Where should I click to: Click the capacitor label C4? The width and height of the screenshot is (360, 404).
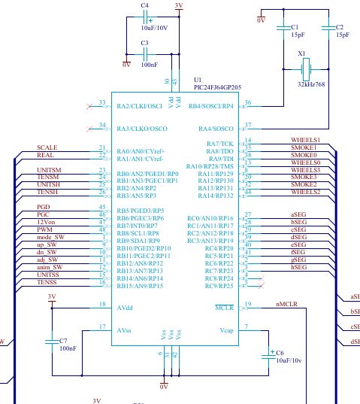point(144,5)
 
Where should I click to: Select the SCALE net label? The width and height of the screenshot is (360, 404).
point(47,147)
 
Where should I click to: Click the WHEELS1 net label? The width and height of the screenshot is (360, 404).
point(305,140)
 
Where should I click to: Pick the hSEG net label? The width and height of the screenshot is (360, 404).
point(298,267)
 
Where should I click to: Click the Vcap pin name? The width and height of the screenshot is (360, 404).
point(227,329)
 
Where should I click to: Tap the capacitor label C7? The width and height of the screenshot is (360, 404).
point(63,340)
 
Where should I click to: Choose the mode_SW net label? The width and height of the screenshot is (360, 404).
point(49,238)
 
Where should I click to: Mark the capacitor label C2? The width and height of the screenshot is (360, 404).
point(339,27)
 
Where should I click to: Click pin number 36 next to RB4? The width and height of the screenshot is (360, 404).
point(249,102)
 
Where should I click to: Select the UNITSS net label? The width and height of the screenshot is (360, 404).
point(47,275)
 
